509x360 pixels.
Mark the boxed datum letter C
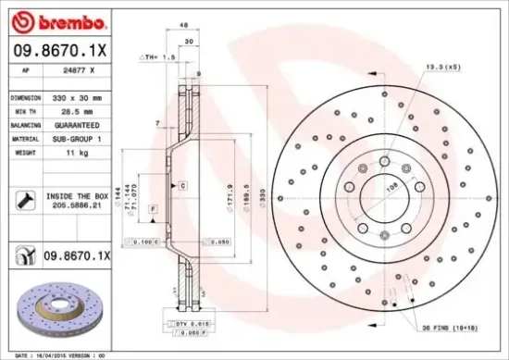184,186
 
